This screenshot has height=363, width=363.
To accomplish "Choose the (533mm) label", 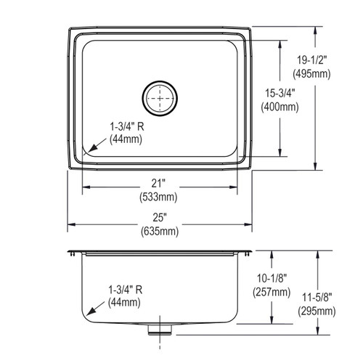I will coord(160,197).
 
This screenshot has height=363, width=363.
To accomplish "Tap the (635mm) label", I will coord(160,232).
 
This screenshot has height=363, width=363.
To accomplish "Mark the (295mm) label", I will coord(317,312).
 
